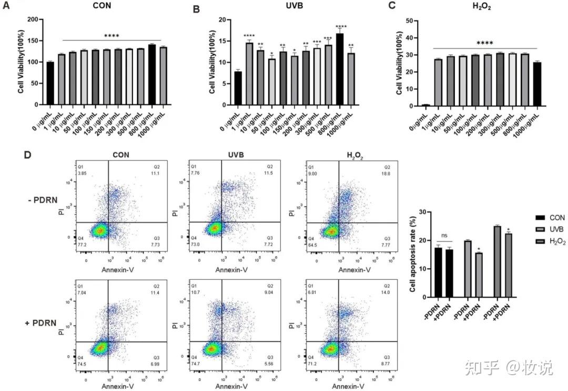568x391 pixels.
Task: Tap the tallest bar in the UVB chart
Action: coord(340,70)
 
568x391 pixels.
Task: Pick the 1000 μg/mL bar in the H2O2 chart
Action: coord(536,84)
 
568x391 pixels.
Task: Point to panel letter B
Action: coord(197,9)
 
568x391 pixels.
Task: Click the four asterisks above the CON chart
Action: coord(111,36)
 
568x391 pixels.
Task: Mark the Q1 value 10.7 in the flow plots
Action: coord(194,290)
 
